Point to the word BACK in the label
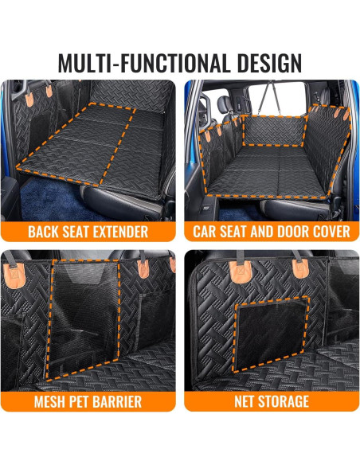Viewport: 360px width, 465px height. [45, 232]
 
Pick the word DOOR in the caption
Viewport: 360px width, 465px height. [285, 232]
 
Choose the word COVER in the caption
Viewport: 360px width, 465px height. [327, 232]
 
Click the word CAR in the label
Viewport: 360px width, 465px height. [205, 232]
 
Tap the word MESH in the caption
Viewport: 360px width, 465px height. [53, 401]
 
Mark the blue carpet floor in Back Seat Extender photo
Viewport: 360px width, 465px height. [48, 193]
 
